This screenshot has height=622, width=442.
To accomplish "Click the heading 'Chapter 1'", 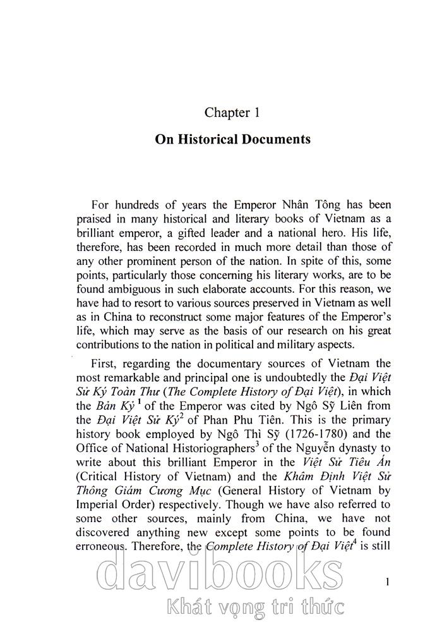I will (x=232, y=113).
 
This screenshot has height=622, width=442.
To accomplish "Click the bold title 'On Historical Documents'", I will (x=232, y=140).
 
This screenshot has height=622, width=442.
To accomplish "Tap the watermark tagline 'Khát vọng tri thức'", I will (x=251, y=607).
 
